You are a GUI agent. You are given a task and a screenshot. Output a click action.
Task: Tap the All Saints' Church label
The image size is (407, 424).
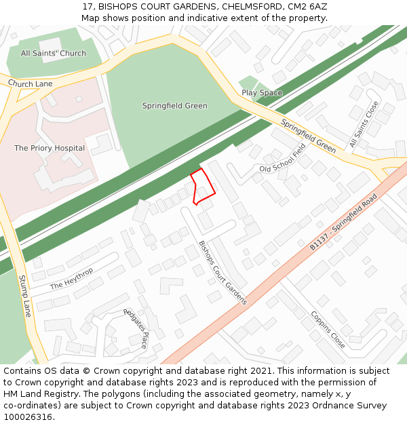coord(53,54)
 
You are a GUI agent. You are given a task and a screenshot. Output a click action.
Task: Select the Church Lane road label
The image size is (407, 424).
coord(30,83)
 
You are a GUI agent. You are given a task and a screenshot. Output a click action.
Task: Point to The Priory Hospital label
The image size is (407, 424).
coord(50,148)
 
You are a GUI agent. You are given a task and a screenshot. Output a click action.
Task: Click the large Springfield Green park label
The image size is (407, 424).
coord(174,106)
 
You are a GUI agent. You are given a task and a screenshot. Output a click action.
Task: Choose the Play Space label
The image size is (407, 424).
coord(262,93)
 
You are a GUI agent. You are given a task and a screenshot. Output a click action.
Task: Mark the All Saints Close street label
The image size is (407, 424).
coord(364,126)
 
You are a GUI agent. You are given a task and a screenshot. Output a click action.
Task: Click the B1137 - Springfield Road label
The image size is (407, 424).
coord(343,222)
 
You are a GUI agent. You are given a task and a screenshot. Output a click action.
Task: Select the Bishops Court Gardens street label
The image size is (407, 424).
coord(222,273)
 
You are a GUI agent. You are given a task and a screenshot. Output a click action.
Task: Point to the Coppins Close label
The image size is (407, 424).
coord(328,330)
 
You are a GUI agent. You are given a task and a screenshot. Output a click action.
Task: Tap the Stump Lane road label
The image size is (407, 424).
coord(25,296)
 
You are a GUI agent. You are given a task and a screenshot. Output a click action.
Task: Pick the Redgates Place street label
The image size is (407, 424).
coord(136,328)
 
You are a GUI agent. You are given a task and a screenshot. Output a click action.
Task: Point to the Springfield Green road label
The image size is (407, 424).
coord(309,136)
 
